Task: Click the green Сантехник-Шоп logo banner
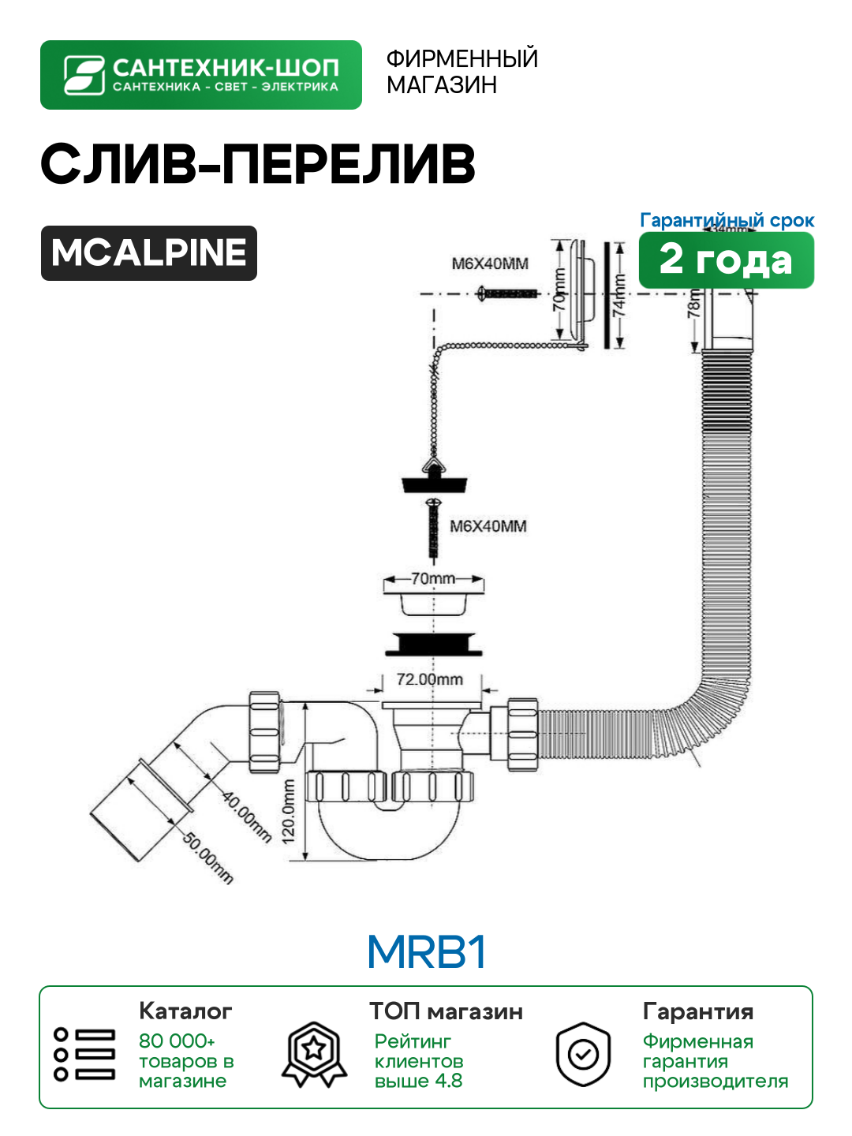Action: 200,75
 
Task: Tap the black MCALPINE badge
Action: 149,253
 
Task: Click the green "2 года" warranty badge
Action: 726,260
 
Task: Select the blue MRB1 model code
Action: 426,952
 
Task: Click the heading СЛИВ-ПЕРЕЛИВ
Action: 258,164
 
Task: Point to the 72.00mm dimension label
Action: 429,679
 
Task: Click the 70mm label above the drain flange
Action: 433,578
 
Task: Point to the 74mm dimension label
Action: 620,295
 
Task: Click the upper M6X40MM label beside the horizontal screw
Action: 489,263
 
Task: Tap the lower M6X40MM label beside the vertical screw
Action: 488,526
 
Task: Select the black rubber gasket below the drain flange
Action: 434,644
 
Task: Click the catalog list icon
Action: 84,1054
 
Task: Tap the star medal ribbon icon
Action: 315,1054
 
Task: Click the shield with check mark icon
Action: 583,1054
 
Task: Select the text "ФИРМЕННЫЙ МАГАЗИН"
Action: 461,71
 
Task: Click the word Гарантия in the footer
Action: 698,1011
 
